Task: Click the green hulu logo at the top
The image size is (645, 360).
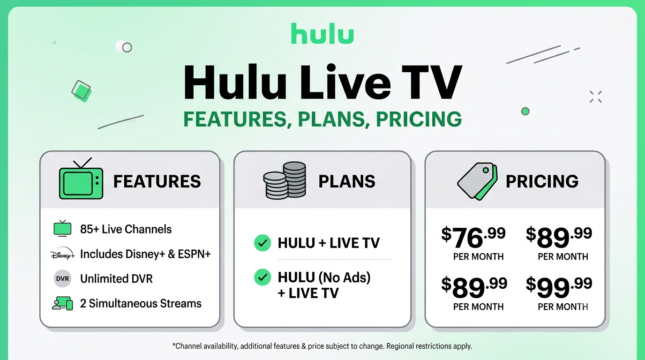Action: (322, 33)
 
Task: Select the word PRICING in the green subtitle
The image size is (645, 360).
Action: (419, 119)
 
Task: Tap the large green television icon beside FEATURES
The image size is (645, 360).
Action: (81, 179)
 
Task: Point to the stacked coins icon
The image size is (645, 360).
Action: (285, 180)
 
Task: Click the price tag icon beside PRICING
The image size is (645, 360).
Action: (477, 181)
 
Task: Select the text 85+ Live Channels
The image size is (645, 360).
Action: (126, 229)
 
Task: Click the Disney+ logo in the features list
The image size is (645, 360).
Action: (62, 254)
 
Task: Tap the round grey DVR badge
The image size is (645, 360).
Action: (62, 278)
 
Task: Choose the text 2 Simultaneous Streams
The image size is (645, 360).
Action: (141, 304)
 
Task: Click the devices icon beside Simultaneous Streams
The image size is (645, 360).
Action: (62, 304)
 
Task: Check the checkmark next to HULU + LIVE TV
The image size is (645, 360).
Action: (262, 243)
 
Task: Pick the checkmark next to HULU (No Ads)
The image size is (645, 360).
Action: (262, 277)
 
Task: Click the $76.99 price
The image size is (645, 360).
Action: (473, 237)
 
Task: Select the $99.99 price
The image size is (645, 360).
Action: (559, 287)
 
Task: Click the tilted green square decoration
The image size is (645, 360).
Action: (82, 91)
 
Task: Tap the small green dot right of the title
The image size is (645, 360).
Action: (525, 111)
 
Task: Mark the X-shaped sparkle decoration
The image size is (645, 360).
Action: (595, 97)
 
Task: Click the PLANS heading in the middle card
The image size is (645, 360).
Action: (347, 181)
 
